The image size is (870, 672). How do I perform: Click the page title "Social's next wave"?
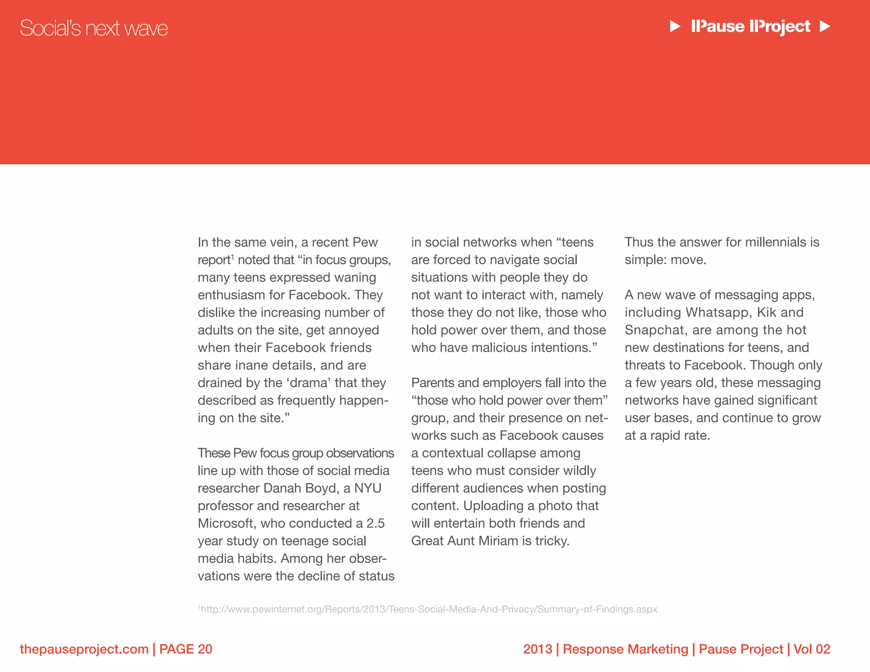tap(94, 28)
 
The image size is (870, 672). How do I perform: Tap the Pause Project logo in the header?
tap(751, 27)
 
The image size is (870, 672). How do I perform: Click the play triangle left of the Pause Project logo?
tap(675, 27)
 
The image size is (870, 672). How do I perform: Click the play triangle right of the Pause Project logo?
tap(825, 27)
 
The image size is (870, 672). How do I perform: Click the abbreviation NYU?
tap(368, 488)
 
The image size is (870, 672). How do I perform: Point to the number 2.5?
tap(376, 523)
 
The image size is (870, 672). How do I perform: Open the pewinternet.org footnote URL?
tap(428, 609)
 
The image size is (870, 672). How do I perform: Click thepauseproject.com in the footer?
tap(84, 649)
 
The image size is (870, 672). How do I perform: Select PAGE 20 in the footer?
tap(186, 649)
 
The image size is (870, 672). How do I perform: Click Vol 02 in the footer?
tap(811, 649)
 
